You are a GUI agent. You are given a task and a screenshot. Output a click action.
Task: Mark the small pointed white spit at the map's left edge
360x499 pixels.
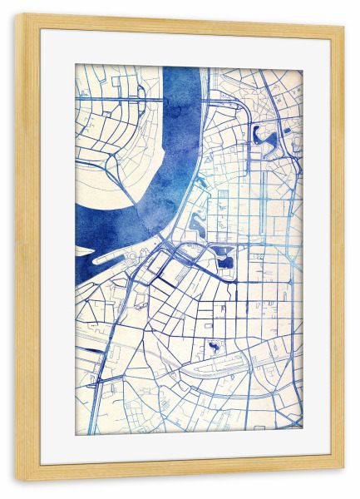pos(84,249)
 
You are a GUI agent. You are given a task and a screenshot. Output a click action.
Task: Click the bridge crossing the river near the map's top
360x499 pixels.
pos(181,99)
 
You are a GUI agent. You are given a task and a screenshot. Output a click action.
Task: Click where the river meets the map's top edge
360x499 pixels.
pos(182,67)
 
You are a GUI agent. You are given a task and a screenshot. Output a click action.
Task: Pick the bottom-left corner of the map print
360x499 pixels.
pos(76,435)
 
